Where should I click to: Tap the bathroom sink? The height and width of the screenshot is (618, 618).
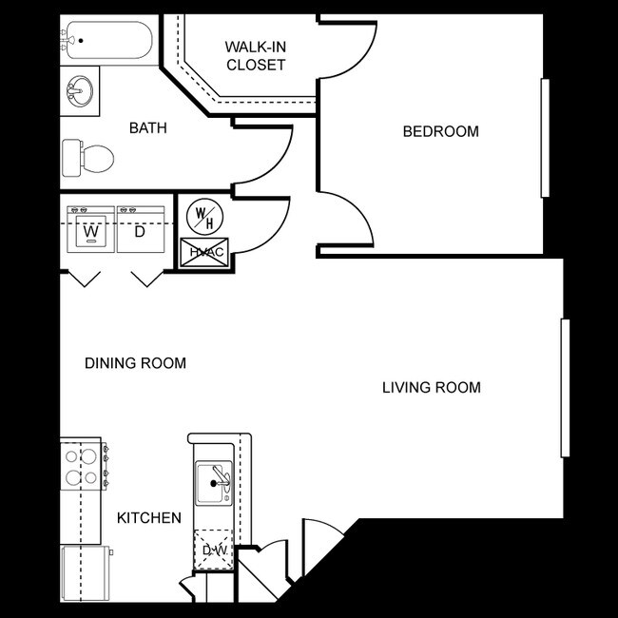(81, 93)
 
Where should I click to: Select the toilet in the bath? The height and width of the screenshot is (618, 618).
(87, 157)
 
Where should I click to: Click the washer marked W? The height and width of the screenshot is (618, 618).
(91, 230)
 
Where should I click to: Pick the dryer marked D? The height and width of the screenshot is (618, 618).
(140, 230)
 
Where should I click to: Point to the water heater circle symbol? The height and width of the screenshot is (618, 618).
(203, 216)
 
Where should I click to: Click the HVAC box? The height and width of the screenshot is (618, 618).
(203, 252)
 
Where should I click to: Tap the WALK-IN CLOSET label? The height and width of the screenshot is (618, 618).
(255, 55)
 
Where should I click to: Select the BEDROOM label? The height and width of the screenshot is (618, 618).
(440, 131)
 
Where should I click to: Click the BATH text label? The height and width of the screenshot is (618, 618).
(148, 127)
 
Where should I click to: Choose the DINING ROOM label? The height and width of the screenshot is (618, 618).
(135, 363)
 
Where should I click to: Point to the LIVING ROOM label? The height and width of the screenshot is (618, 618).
(431, 387)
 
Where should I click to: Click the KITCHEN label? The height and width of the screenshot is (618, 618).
(148, 518)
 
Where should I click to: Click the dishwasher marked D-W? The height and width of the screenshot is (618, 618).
(213, 550)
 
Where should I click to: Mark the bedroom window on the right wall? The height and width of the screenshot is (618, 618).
(545, 138)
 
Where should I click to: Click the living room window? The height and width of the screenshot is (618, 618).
(565, 388)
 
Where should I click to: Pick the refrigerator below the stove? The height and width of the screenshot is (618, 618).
(84, 572)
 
